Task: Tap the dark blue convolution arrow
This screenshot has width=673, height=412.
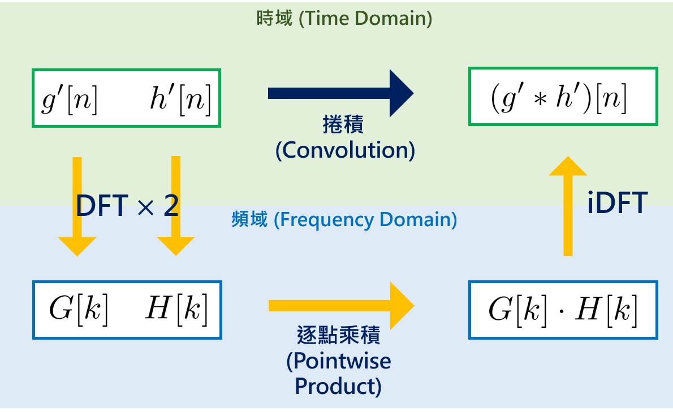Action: tap(341, 93)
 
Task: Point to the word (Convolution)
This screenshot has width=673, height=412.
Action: tap(345, 150)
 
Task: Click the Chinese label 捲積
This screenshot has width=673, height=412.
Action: tap(343, 124)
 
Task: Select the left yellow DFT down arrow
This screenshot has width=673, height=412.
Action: tap(77, 206)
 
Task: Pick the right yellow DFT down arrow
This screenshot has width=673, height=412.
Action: tap(176, 206)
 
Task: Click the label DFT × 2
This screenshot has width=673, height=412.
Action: tap(127, 205)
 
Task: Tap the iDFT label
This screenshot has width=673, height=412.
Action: tap(617, 202)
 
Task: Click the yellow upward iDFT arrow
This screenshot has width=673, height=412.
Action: tap(568, 206)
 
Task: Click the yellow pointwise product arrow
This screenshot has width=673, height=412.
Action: tap(341, 306)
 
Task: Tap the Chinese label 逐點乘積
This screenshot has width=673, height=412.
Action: tap(339, 335)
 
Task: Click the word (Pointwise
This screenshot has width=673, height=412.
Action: tap(339, 361)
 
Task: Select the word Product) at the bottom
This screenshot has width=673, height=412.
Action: tap(338, 386)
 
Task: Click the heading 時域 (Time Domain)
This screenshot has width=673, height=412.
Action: tap(344, 19)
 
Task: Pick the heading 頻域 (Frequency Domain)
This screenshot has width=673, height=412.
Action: tap(344, 219)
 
